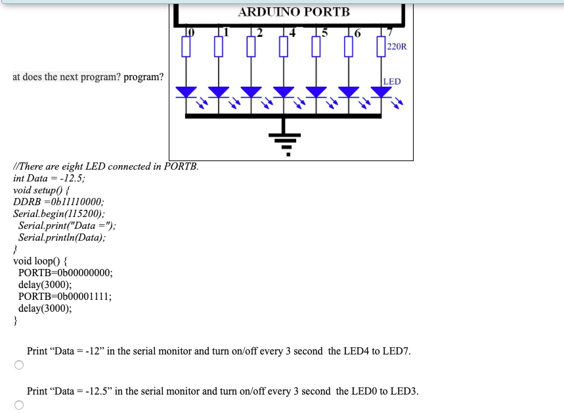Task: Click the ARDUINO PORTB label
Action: point(293,12)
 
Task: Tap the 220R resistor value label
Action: point(397,47)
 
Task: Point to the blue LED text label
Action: point(392,82)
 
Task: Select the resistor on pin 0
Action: point(186,47)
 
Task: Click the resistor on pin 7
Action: point(380,47)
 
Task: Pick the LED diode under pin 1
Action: point(219,91)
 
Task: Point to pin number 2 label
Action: point(259,32)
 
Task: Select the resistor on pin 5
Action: point(316,47)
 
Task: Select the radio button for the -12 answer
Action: point(19,366)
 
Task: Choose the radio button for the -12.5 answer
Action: point(19,405)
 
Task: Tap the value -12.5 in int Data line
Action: point(70,178)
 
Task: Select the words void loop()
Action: point(35,261)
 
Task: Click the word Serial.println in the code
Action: point(47,237)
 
